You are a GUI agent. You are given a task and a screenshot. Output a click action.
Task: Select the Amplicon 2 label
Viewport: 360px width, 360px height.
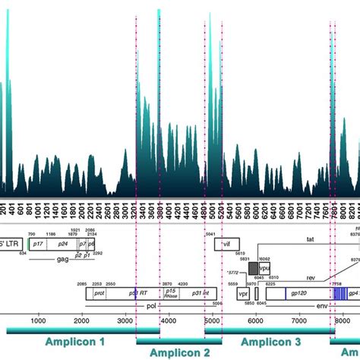(179, 353)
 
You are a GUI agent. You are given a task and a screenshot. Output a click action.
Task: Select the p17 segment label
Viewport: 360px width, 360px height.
(39, 245)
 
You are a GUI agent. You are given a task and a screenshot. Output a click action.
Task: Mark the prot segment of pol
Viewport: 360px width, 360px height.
(99, 293)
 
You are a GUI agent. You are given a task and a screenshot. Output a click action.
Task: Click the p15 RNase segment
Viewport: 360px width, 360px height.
(172, 293)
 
